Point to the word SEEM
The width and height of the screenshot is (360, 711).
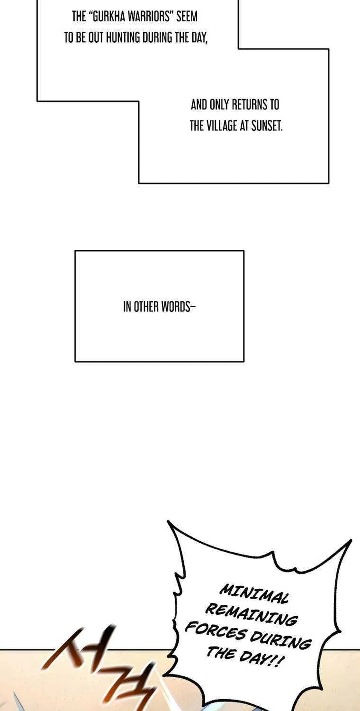click(x=187, y=17)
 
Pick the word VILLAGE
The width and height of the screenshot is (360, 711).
click(x=222, y=126)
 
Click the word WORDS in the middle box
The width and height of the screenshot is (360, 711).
click(x=177, y=307)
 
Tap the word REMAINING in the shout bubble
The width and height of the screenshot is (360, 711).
click(x=252, y=614)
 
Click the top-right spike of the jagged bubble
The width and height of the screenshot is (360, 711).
click(x=351, y=539)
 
